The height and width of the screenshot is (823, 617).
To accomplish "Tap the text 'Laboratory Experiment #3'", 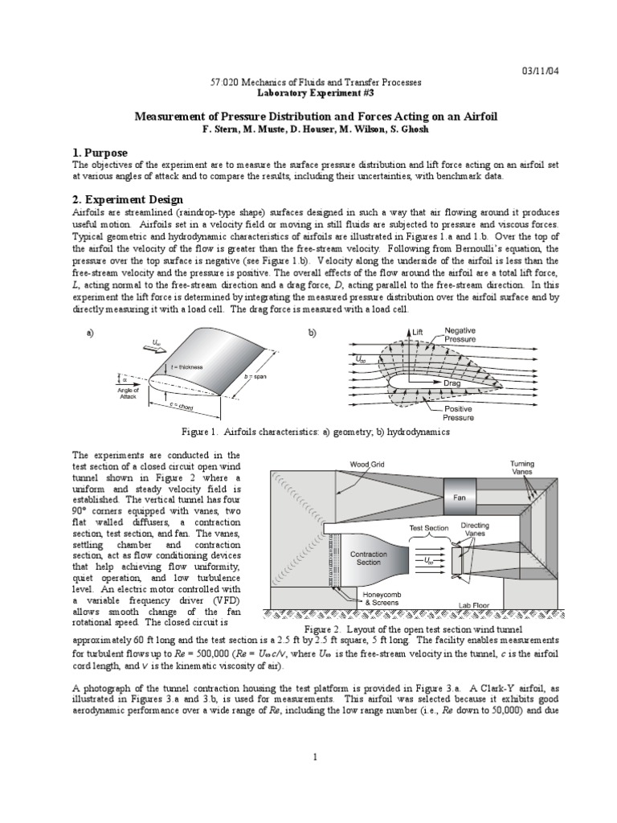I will (x=308, y=92).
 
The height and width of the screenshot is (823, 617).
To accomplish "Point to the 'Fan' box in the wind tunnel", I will (x=460, y=497).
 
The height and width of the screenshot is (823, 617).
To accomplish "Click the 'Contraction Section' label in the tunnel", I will (x=370, y=559).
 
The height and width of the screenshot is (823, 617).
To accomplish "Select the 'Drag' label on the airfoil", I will (x=452, y=384).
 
